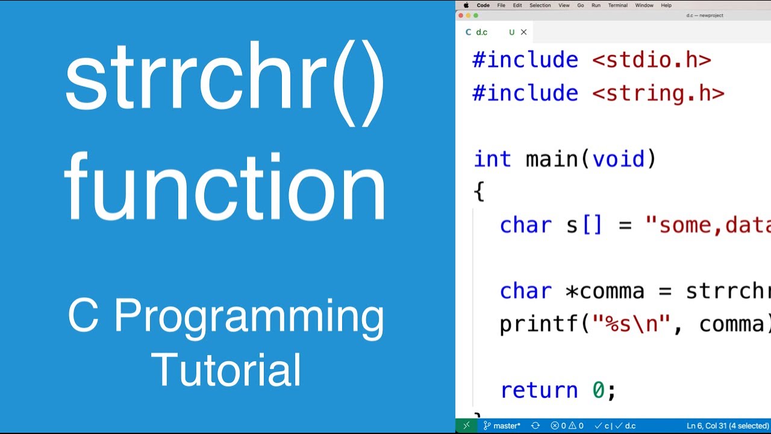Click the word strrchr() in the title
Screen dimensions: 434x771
tap(224, 81)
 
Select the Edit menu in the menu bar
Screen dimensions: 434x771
tap(517, 5)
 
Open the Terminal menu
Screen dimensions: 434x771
tap(617, 5)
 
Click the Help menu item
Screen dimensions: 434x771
tap(666, 5)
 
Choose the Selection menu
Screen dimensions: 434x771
tap(540, 5)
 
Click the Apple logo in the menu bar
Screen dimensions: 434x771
tap(466, 5)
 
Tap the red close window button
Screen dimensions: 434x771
tap(461, 16)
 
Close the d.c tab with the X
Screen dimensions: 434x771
tap(523, 33)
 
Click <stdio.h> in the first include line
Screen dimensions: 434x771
tap(651, 60)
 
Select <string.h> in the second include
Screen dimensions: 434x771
tap(658, 93)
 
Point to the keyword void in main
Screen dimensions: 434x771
tap(618, 159)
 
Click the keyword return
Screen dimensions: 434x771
tap(538, 390)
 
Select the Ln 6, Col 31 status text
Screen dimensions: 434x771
tap(707, 426)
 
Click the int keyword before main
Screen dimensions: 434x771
tap(493, 159)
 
